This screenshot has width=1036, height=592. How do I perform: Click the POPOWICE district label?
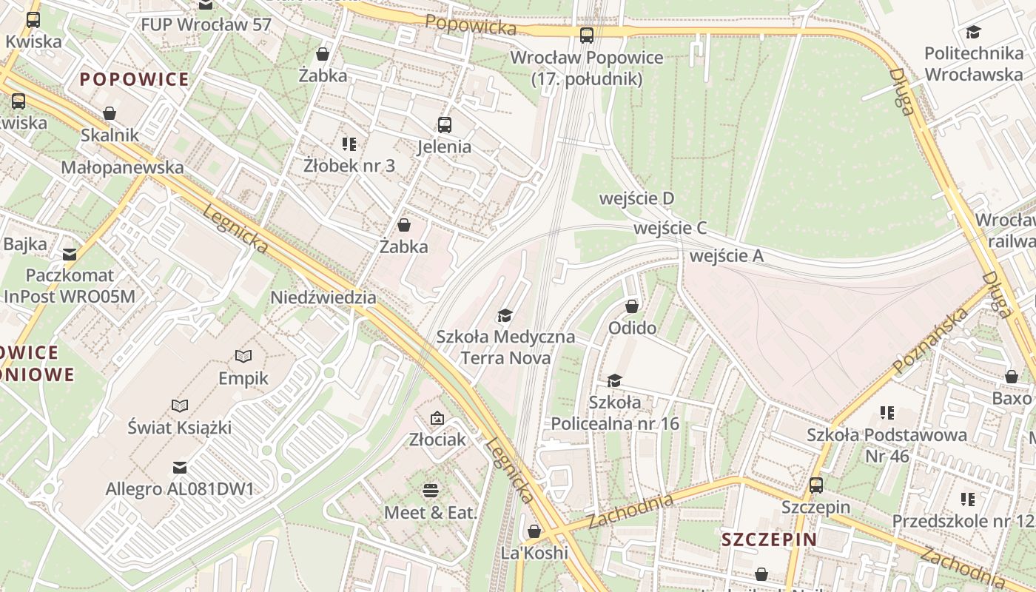point(134,80)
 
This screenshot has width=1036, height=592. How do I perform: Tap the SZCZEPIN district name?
point(770,539)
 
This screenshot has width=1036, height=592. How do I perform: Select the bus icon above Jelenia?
point(444,125)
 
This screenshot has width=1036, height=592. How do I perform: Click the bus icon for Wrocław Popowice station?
point(587,35)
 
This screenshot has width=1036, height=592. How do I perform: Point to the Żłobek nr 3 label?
point(349,166)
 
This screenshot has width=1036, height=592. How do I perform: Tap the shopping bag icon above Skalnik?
point(110,113)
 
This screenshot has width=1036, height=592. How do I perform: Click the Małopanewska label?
point(122,167)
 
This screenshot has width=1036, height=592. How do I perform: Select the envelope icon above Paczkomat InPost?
point(70,254)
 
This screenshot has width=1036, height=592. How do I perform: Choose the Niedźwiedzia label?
point(323,297)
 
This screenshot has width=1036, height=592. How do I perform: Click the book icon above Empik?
point(243,356)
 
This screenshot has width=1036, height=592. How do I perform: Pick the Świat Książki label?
point(180,427)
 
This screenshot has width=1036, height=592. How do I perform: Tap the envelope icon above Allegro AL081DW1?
point(179,467)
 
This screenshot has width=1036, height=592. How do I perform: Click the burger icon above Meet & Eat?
point(431,490)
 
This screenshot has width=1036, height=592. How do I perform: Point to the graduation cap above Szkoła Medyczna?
point(505,316)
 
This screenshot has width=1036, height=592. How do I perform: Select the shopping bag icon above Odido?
point(632,306)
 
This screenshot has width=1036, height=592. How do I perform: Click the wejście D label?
point(636,198)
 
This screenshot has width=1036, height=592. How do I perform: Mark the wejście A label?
point(726,256)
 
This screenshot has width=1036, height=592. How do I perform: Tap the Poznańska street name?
point(931,341)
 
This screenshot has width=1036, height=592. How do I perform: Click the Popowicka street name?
point(471,25)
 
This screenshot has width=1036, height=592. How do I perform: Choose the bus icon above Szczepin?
point(816,485)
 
